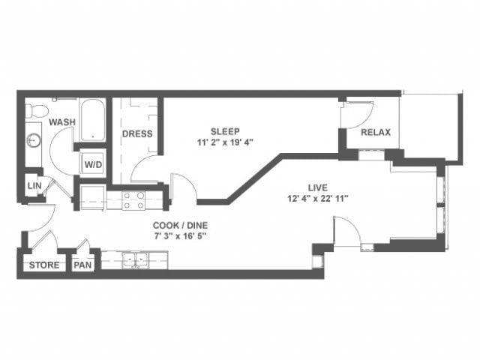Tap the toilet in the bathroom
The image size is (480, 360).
pos(33,112)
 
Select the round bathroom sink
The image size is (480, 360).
pos(33,139)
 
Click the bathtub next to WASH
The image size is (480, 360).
pos(92,119)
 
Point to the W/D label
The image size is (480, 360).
pos(93,163)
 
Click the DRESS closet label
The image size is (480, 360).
pos(137,134)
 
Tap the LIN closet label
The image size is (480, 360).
pos(33,185)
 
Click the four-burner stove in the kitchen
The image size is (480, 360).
pos(133,199)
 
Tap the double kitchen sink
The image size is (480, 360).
pos(136,259)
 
